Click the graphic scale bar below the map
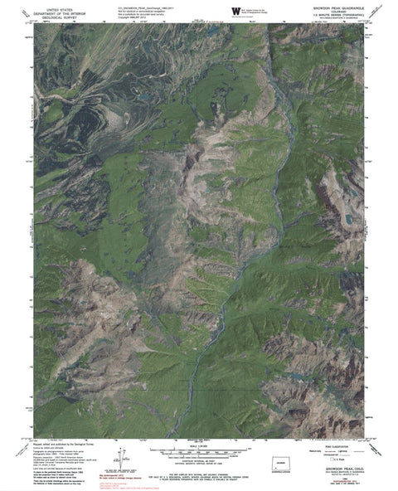(x=198, y=454)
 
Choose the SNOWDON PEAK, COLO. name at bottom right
(x=336, y=464)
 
